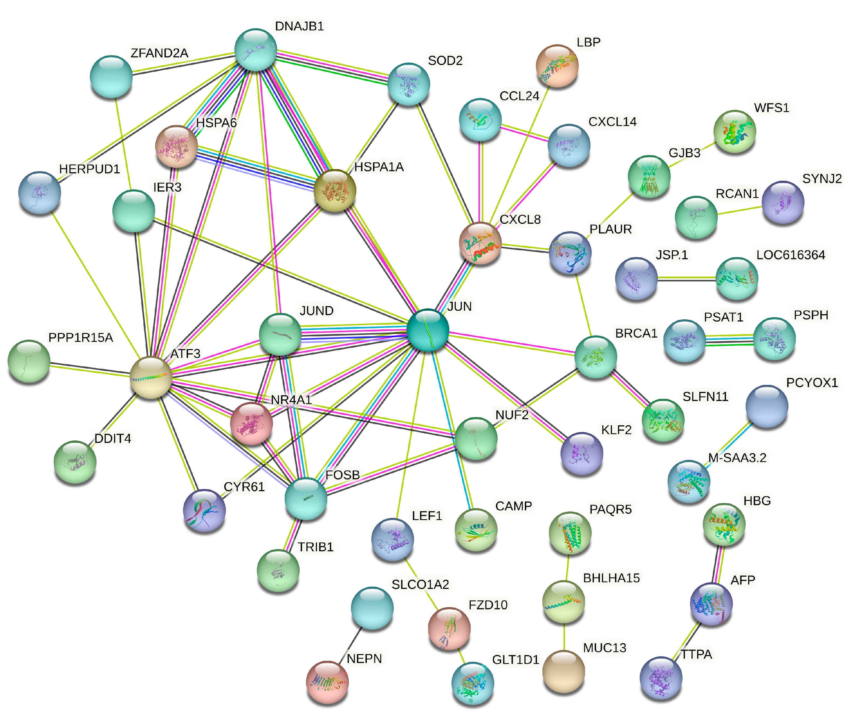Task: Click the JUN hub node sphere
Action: [428, 330]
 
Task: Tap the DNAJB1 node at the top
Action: [256, 50]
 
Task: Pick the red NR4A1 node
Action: [251, 423]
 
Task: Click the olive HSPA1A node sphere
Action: [335, 190]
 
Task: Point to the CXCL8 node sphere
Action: [480, 243]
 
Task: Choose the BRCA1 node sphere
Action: [595, 357]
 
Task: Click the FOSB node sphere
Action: [306, 499]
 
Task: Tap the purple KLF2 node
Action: [581, 453]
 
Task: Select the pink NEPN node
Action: [328, 682]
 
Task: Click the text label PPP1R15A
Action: [81, 337]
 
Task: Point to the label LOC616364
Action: [790, 255]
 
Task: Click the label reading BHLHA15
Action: [611, 578]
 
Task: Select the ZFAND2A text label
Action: [159, 53]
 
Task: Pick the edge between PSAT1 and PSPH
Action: [729, 340]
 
